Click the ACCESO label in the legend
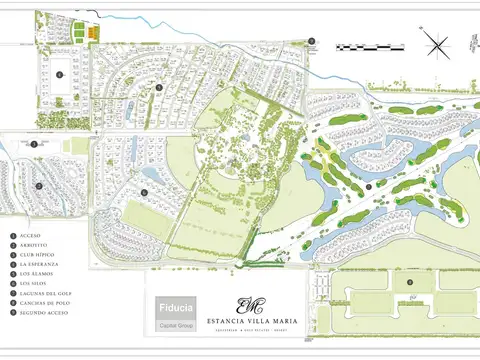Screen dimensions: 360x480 [x=29, y=234]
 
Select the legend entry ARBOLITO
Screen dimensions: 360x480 [x=32, y=244]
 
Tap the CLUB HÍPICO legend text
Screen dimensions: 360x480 [x=36, y=254]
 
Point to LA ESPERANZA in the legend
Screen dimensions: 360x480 [x=38, y=263]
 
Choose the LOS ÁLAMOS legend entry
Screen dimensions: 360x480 [x=35, y=273]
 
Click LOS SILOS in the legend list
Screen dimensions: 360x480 [x=33, y=283]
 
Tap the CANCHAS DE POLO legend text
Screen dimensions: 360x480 [x=40, y=302]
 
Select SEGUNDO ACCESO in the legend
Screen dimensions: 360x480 [x=40, y=312]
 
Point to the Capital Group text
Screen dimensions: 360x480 [x=176, y=327]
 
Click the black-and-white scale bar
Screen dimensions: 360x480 [x=370, y=47]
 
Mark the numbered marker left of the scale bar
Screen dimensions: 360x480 [x=312, y=42]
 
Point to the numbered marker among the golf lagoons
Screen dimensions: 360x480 [x=368, y=186]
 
